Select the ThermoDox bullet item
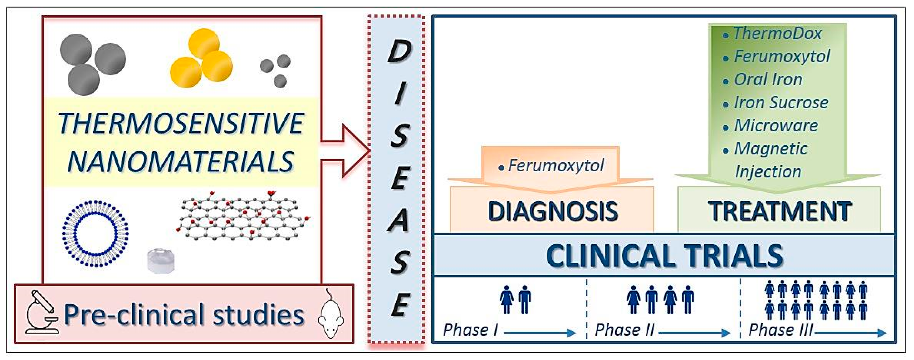coord(777,34)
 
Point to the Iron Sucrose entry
coord(781,103)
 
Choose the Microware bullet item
coord(776,125)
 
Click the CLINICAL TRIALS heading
coord(664,255)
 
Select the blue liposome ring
coord(95,233)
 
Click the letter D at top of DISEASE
coord(399,52)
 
